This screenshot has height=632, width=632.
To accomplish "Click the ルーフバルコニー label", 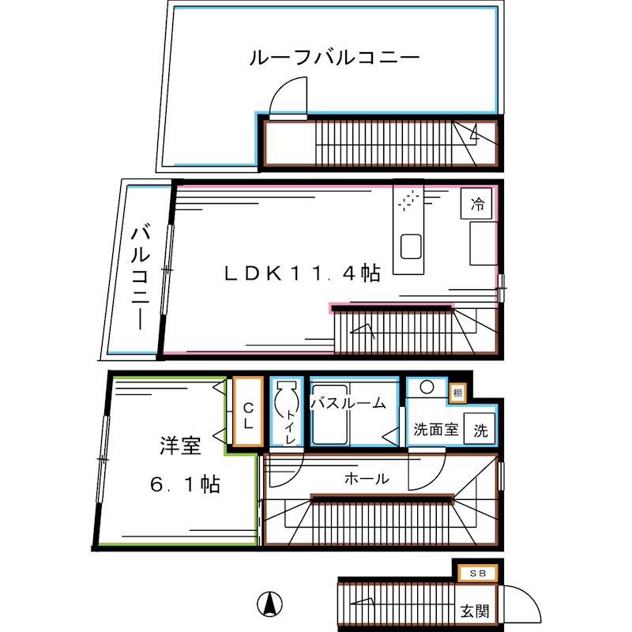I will coord(333,58).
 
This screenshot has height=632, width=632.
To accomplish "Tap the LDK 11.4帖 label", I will coord(301,273).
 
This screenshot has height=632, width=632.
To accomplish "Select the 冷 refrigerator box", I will coord(477,205).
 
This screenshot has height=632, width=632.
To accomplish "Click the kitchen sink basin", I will coord(411,248).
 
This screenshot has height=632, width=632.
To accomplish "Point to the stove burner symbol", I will coord(409,201).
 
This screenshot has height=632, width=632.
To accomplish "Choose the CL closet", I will coord(247,415).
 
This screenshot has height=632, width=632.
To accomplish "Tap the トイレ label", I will coord(291,427).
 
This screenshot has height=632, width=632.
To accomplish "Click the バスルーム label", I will coord(348,403).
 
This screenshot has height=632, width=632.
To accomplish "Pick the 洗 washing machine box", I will coord(480,431).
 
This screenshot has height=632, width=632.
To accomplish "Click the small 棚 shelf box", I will coord(457,393).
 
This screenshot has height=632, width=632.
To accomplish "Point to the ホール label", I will coord(366,478).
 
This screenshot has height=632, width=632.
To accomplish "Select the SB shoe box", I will coord(477,574).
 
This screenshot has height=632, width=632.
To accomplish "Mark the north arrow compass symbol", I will coord(269,604).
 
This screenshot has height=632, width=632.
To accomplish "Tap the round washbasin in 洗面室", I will coord(427,387).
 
